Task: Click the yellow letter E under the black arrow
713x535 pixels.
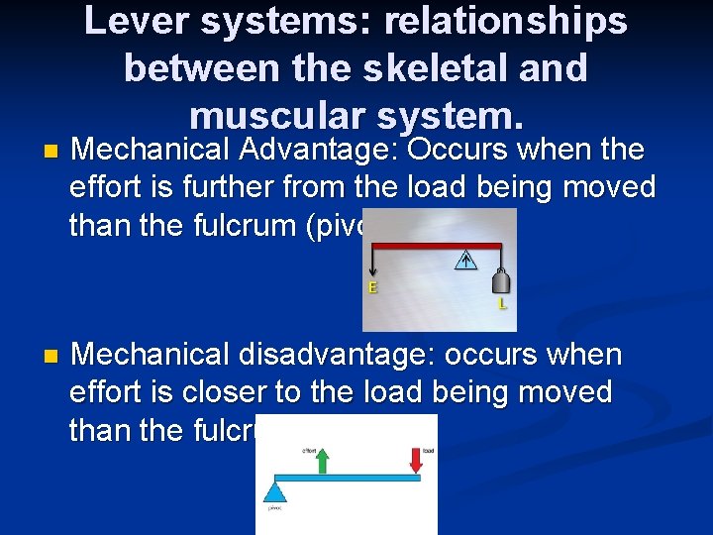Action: pyautogui.click(x=373, y=288)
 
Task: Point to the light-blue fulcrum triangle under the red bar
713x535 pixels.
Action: pyautogui.click(x=466, y=260)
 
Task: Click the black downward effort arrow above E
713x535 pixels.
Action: pyautogui.click(x=372, y=263)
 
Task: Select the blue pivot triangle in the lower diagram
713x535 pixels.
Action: pyautogui.click(x=275, y=490)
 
